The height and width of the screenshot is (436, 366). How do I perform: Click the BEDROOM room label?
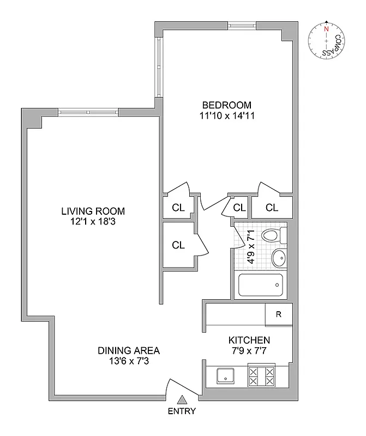tap(226, 105)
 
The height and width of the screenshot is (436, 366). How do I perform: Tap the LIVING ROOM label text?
tap(93, 211)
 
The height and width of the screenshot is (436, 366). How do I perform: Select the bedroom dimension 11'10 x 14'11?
tap(226, 116)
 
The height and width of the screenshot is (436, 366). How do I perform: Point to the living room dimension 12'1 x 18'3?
tap(93, 221)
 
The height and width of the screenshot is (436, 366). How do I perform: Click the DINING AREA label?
tap(129, 350)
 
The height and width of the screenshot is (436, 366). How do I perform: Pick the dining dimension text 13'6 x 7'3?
tap(129, 360)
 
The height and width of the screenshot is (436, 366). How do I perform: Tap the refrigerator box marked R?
tap(278, 314)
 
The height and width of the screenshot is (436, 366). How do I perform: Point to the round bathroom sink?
tap(279, 257)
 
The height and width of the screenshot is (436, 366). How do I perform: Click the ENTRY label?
tap(182, 411)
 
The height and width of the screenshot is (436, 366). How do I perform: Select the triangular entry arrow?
tap(182, 400)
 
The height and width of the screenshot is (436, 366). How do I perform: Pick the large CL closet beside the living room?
tap(178, 245)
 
